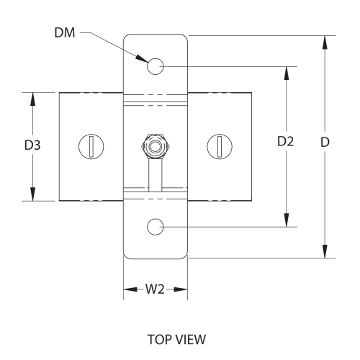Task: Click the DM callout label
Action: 64,32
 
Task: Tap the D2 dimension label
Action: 286,142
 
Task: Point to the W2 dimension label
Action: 155,291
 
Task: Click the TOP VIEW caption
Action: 176,338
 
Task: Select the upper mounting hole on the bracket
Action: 156,66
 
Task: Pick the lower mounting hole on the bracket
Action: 156,227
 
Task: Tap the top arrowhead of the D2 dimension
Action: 287,73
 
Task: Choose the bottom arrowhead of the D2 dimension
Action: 287,221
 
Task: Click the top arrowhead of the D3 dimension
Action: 32,98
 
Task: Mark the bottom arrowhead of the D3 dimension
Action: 32,194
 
